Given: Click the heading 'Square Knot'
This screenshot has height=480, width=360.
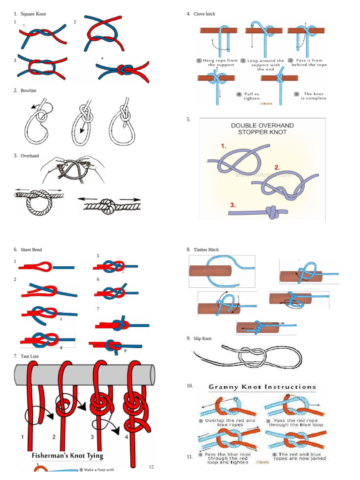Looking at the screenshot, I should click(x=33, y=14).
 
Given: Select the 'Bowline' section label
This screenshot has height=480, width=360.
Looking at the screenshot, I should click(x=28, y=90).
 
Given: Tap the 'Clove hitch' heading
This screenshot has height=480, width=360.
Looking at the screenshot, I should click(x=204, y=14).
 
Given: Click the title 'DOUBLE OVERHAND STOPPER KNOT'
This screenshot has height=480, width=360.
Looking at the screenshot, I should click(x=262, y=129).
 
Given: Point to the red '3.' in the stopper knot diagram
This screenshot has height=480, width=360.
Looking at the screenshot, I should click(x=233, y=205).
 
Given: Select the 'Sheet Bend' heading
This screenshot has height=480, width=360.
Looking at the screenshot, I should click(x=31, y=250).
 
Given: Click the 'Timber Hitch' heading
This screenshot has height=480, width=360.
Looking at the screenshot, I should click(x=206, y=250).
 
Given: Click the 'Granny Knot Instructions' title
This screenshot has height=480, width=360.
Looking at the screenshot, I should click(x=262, y=387).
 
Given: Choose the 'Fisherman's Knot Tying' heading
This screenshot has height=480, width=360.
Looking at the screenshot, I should click(x=67, y=456).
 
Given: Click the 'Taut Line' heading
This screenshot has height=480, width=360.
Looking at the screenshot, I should click(x=30, y=356).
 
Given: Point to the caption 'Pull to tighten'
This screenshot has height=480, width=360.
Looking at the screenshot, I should click(x=251, y=96).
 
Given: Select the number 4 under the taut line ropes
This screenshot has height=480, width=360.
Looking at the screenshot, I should click(x=127, y=437).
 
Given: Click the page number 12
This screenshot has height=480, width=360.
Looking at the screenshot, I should click(x=151, y=467).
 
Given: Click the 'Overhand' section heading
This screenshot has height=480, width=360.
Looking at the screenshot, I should click(x=30, y=156).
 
